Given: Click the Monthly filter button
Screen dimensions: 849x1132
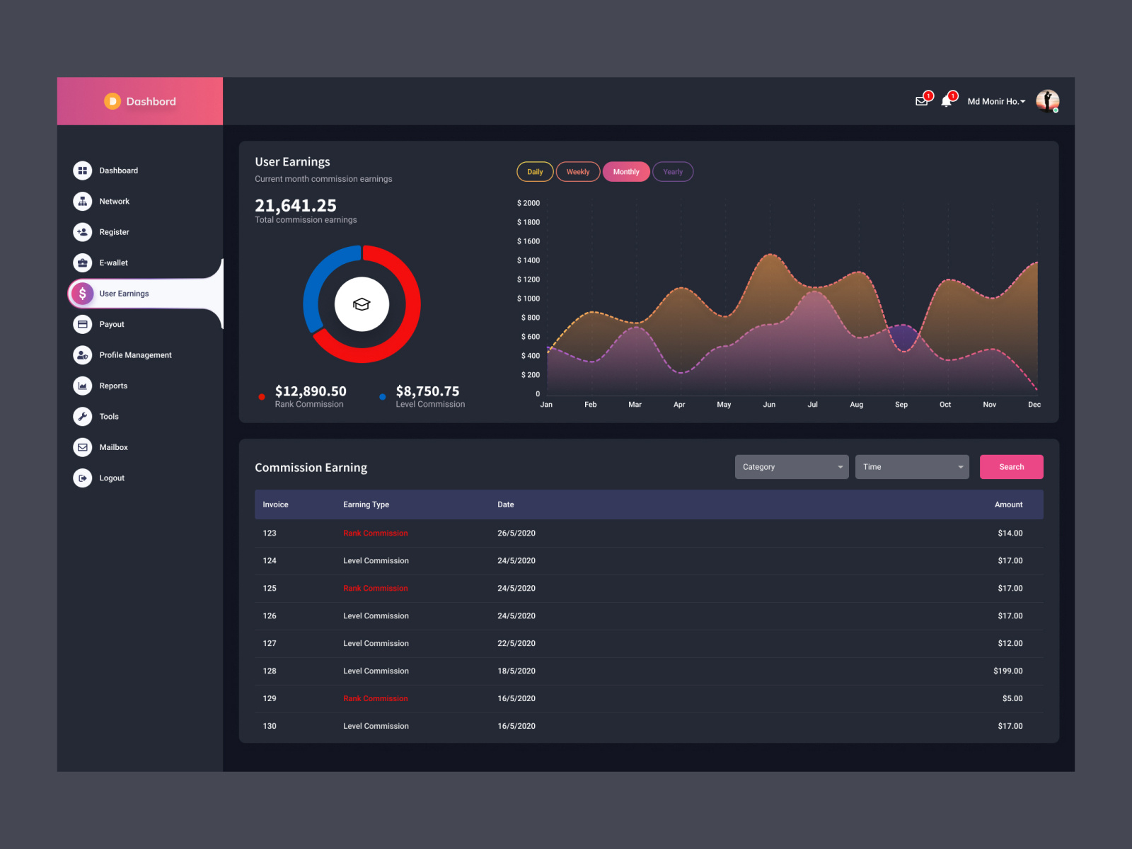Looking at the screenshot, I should [626, 172].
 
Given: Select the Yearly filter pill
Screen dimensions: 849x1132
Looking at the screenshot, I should [673, 172].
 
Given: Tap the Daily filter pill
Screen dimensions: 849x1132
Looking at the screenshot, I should [535, 172].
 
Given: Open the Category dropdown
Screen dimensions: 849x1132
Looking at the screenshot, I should [791, 467].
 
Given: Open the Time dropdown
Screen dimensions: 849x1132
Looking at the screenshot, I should [911, 467].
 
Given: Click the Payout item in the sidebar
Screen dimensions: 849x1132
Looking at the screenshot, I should [111, 325].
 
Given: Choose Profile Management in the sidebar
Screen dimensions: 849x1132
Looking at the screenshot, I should [135, 355].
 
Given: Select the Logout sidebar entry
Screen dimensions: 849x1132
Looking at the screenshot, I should [111, 478].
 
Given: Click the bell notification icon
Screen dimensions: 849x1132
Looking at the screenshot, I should [947, 101].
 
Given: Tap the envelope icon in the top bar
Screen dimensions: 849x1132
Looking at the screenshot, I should [921, 101].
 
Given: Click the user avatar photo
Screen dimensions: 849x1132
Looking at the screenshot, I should [1047, 101].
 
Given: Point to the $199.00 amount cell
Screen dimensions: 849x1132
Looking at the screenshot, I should [1007, 671].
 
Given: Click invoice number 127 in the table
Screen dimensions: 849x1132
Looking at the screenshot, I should [270, 643].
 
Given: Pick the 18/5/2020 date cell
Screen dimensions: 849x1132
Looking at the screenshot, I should [516, 671].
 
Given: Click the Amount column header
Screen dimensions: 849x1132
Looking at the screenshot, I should [1008, 504].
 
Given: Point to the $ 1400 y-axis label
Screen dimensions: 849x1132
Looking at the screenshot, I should [529, 260].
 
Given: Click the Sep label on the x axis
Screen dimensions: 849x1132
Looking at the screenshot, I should [901, 405].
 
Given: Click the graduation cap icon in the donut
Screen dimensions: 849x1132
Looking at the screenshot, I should [362, 304].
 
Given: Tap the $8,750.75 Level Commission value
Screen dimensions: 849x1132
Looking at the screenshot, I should [427, 391].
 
